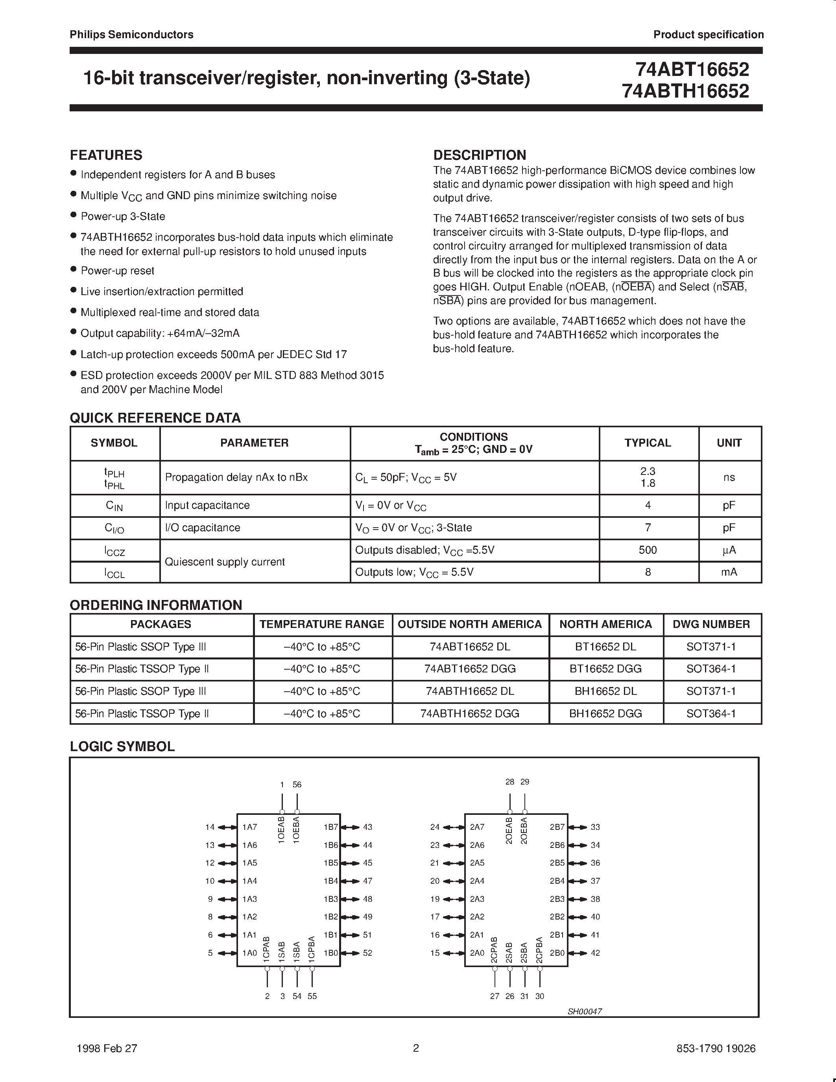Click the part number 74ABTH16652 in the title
(x=686, y=91)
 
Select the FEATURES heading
(x=106, y=155)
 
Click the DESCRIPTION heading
(x=480, y=155)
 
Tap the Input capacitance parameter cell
(x=207, y=505)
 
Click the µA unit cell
(x=729, y=550)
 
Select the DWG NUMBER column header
(x=711, y=624)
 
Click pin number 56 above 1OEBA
(x=297, y=784)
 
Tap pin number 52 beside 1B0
(x=367, y=953)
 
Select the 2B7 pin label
(x=557, y=827)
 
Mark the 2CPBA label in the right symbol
(x=539, y=949)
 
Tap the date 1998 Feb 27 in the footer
(x=107, y=1048)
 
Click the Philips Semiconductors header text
(x=131, y=35)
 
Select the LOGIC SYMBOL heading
(x=122, y=747)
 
